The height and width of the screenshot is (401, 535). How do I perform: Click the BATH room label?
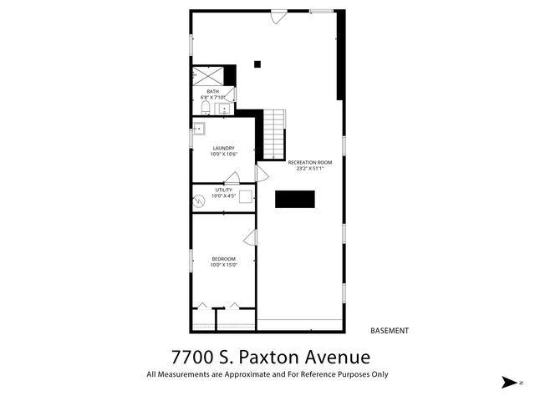coord(213,91)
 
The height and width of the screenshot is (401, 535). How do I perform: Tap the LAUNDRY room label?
coord(223,148)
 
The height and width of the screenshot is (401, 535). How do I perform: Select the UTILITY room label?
coord(223,190)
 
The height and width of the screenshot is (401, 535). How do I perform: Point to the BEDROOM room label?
coord(223,259)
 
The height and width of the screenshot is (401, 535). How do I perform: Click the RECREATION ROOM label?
coord(309,162)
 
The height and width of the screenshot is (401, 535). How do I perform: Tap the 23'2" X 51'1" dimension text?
coord(309,169)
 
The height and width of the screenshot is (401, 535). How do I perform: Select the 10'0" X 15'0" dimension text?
coord(223,266)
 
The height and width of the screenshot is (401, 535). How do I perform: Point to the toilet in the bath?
coord(206,108)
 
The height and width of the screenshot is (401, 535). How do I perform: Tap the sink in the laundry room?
coord(199,129)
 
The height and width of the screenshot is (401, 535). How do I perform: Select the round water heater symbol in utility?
coord(200,201)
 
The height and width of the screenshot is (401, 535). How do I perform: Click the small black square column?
coord(257,63)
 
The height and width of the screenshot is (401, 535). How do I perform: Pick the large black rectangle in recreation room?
coord(295,199)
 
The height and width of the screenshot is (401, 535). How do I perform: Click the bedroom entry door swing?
coord(250,238)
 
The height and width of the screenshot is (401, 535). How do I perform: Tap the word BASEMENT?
coord(390,331)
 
